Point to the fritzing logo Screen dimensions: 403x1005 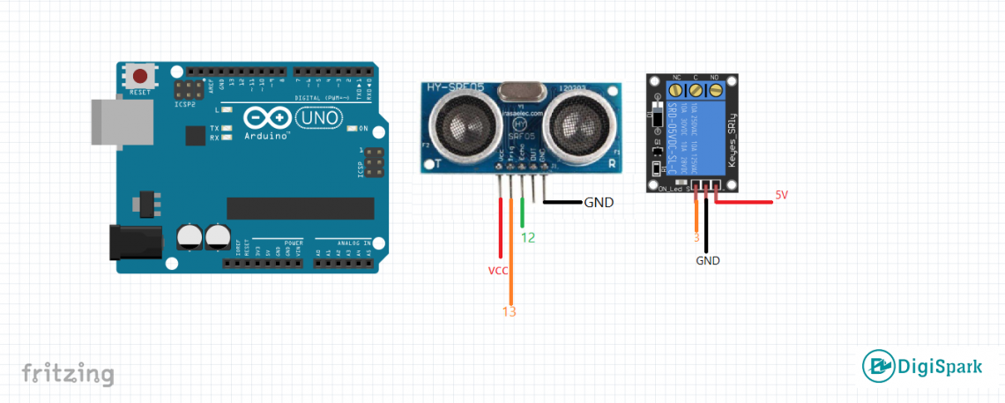[68, 373]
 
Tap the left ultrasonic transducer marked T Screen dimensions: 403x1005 [462, 123]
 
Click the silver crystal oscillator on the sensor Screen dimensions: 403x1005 [520, 90]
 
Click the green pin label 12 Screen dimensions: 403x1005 [527, 237]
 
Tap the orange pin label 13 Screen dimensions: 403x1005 [509, 311]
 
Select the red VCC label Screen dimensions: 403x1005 [498, 271]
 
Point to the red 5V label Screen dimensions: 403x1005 [782, 195]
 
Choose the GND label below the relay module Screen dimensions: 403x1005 [708, 261]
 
